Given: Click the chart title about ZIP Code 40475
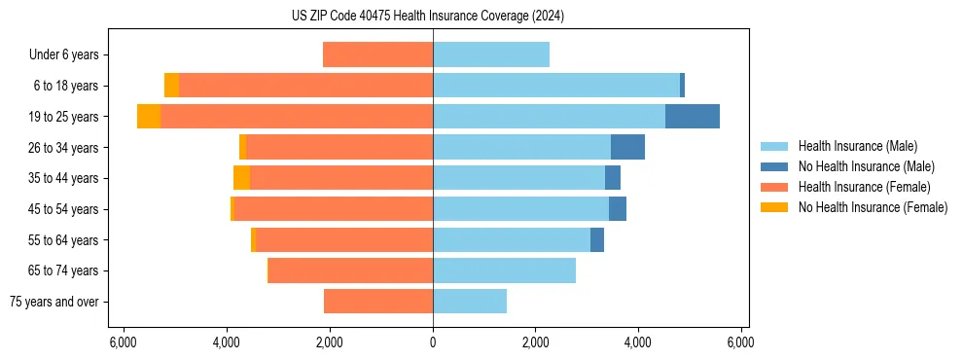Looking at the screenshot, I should pyautogui.click(x=427, y=16).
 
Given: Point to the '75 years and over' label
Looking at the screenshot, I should pyautogui.click(x=54, y=302).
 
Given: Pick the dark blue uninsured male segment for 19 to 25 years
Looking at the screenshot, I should pyautogui.click(x=692, y=116).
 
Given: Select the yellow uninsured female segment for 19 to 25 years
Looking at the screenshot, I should pyautogui.click(x=149, y=116).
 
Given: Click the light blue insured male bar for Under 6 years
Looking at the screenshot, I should pyautogui.click(x=490, y=54).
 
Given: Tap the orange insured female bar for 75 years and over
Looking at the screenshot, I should pyautogui.click(x=378, y=302).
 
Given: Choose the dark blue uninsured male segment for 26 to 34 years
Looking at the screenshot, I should pyautogui.click(x=627, y=147).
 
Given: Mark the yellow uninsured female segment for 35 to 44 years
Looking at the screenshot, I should pyautogui.click(x=241, y=178).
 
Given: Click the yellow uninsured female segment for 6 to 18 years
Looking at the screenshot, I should pyautogui.click(x=171, y=86).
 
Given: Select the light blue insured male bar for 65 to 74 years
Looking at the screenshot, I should pyautogui.click(x=504, y=270).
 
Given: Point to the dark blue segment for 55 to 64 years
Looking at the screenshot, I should pyautogui.click(x=597, y=239).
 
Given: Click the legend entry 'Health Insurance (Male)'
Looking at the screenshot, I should pyautogui.click(x=857, y=146).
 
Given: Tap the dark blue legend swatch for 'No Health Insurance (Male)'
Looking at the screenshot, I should pyautogui.click(x=775, y=166).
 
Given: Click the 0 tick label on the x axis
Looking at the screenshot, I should pyautogui.click(x=433, y=342).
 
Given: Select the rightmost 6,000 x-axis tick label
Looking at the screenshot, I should pyautogui.click(x=740, y=342).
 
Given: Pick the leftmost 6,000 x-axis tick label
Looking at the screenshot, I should pyautogui.click(x=124, y=342).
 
